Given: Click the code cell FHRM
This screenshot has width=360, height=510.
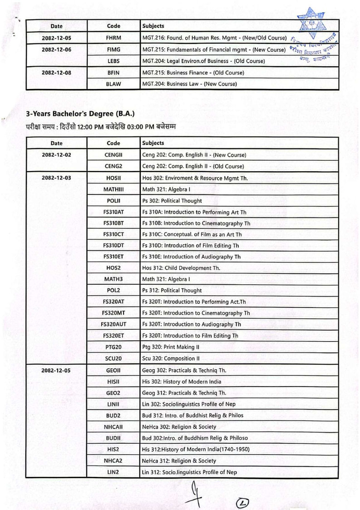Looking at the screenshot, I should (x=113, y=37).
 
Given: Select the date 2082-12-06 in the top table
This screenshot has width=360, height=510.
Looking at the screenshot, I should (x=57, y=49).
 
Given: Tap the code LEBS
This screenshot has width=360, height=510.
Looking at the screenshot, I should (x=113, y=61).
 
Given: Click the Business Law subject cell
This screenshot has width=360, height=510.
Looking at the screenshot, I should (x=189, y=84).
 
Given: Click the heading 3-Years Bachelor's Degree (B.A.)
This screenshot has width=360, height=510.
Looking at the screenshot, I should (x=80, y=114).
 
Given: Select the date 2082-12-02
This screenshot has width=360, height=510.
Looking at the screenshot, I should (x=57, y=155).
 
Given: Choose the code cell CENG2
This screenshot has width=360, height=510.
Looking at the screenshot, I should (x=113, y=166).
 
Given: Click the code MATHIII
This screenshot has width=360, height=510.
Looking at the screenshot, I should (x=113, y=189).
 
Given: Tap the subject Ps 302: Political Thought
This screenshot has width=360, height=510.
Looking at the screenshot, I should (x=172, y=200).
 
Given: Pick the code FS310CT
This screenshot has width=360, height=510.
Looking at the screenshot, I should (x=113, y=234).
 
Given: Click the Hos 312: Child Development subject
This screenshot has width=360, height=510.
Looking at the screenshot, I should (x=181, y=268).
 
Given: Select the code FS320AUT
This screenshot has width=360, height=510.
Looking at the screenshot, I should (x=113, y=324).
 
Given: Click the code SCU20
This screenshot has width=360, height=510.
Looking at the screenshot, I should (x=113, y=358).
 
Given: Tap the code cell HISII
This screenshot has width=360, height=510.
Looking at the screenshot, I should (x=113, y=381).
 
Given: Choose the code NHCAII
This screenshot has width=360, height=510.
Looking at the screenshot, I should (x=113, y=426).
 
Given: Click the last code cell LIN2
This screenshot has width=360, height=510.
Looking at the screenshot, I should (x=113, y=472).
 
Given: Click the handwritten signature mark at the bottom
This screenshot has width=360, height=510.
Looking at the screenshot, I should (x=194, y=495).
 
